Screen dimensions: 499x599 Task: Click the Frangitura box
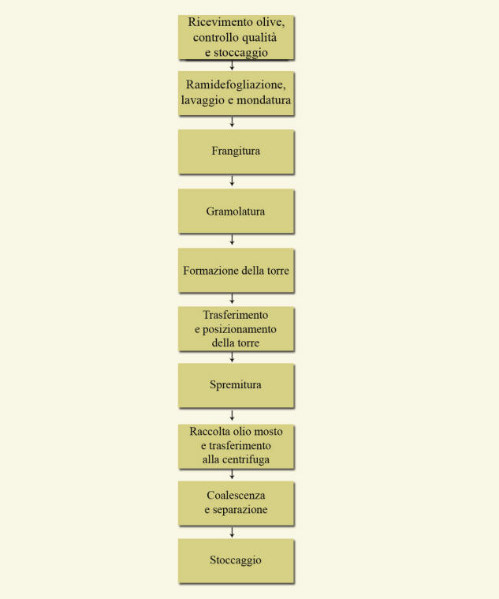tap(236, 152)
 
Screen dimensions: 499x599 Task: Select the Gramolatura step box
tap(236, 211)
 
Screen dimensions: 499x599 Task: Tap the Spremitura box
tap(236, 385)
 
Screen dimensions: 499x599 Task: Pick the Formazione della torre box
tap(236, 271)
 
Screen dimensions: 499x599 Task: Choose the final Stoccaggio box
tap(236, 561)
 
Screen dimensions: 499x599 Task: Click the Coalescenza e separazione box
tap(236, 504)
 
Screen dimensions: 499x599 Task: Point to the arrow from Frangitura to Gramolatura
tap(232, 181)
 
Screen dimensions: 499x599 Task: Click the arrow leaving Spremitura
tap(232, 415)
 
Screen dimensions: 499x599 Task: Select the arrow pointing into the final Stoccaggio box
tap(232, 532)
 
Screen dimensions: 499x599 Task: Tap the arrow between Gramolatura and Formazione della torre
tap(232, 240)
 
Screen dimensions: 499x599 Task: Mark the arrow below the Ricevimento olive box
tap(232, 66)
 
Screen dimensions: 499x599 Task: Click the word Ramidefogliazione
tap(236, 84)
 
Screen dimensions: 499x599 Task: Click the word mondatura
tap(263, 100)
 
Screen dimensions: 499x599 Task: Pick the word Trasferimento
tap(236, 315)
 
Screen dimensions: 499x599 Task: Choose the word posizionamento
tap(239, 330)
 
